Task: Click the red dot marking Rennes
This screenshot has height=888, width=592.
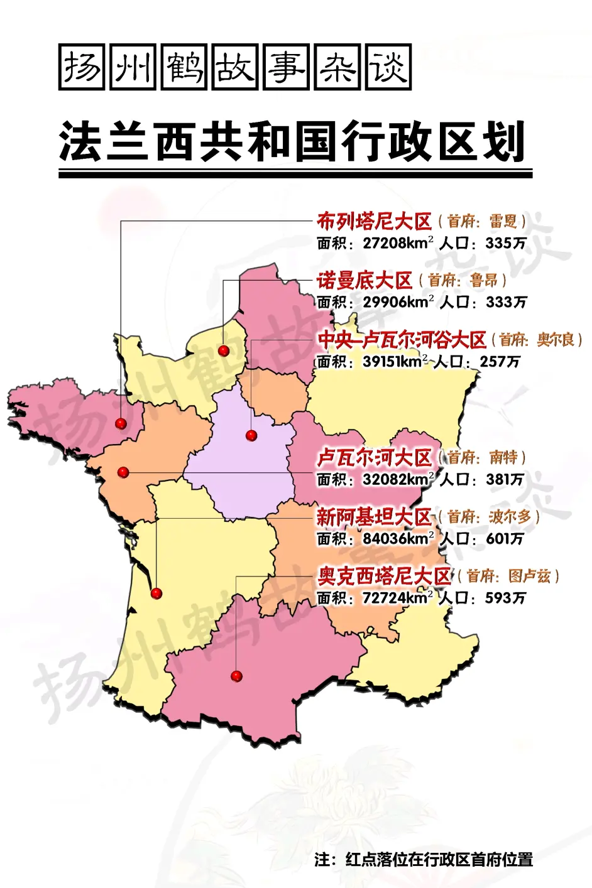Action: point(121,423)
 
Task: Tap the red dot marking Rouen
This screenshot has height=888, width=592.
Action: point(224,350)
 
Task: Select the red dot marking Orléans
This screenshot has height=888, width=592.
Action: point(251,435)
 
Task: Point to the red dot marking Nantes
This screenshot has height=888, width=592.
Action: point(123,472)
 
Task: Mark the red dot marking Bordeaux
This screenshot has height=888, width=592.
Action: point(156,593)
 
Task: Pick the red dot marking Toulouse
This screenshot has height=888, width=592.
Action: point(236,676)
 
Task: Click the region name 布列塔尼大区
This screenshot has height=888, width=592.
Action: point(374,221)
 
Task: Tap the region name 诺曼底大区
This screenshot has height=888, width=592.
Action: point(364,280)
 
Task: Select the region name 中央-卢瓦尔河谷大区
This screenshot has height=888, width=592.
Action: point(402,340)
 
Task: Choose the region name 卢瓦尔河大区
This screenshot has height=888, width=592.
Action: point(374,457)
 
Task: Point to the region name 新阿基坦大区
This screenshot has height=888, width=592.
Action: point(374,517)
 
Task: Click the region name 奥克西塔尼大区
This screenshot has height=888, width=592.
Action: point(384,576)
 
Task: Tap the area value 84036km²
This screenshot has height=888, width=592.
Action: point(398,539)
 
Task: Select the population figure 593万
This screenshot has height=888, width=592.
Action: point(505,598)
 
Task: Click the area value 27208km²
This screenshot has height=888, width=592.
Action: point(398,243)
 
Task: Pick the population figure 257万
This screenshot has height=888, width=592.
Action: point(500,362)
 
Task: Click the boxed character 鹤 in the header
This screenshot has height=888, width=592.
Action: point(184,67)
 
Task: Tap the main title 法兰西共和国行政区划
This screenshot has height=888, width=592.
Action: point(292,143)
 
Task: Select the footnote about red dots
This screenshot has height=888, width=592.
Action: point(424,859)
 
